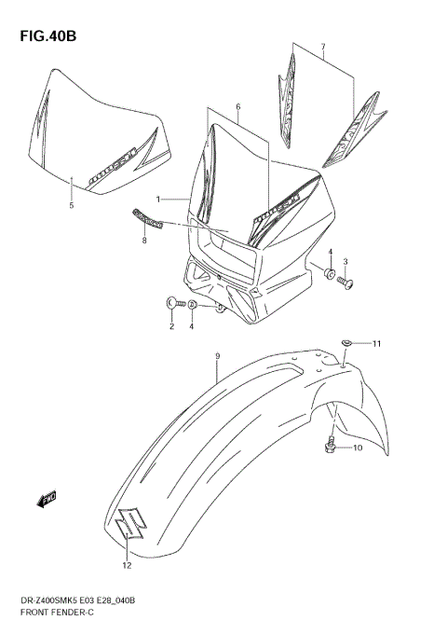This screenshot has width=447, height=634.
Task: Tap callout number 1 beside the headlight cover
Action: click(x=158, y=199)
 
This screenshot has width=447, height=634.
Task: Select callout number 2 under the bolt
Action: click(x=171, y=326)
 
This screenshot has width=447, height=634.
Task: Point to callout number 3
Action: click(x=345, y=261)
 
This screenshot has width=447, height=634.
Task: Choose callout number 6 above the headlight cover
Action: click(x=237, y=107)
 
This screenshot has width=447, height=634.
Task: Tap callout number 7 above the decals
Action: click(x=323, y=47)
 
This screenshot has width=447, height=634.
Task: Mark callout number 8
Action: click(x=144, y=241)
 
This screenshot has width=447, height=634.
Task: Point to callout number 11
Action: click(x=377, y=345)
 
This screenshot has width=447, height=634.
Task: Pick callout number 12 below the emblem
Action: click(x=126, y=565)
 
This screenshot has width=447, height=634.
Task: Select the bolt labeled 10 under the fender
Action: click(x=331, y=448)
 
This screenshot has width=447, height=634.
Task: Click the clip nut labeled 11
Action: click(x=346, y=343)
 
